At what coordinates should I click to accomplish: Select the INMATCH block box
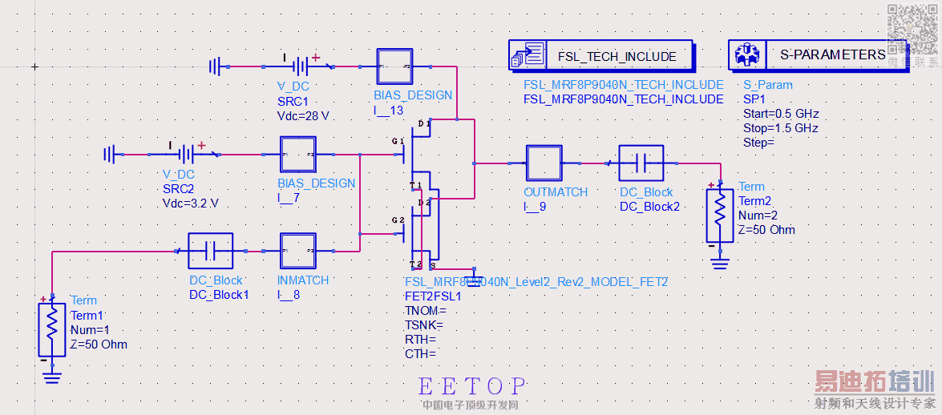point(298,251)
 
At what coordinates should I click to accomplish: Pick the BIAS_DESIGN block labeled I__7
point(298,155)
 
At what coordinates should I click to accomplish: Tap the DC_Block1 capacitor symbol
point(210,251)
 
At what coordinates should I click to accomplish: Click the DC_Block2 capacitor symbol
point(641,163)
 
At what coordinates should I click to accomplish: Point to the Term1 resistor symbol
point(52,328)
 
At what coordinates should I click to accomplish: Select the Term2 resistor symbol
point(720,214)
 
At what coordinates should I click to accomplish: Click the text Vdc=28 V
point(303,116)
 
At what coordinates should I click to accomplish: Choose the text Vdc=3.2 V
point(190,203)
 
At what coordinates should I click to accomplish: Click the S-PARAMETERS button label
point(832,55)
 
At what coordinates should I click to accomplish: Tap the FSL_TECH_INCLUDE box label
point(617,56)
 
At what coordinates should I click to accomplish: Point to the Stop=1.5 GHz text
point(780,128)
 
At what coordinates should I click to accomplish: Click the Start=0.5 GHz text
point(781,114)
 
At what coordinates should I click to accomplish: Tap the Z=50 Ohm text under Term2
point(767,230)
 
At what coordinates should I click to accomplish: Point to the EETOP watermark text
point(472,387)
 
